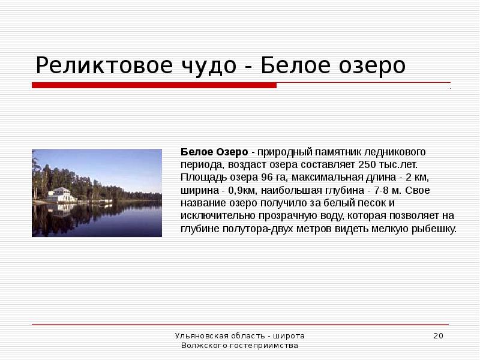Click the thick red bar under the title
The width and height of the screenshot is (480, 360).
154,85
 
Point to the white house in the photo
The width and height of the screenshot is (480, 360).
62,195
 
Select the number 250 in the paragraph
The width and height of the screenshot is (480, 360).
367,164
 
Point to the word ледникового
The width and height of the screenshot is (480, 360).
397,152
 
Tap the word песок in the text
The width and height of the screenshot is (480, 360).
364,203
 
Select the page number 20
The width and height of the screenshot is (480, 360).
438,335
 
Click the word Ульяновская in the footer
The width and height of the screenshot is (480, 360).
199,335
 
